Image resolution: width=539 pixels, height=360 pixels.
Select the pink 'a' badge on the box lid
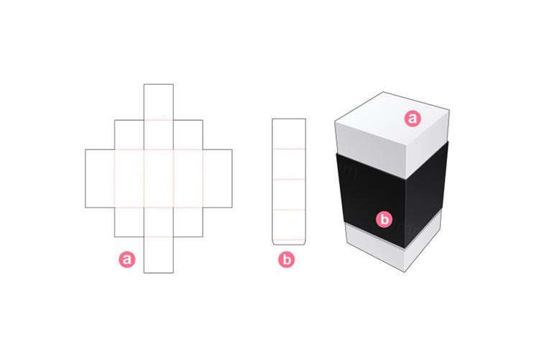pyautogui.click(x=412, y=119)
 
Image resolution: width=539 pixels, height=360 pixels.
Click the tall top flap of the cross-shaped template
pyautogui.click(x=158, y=101)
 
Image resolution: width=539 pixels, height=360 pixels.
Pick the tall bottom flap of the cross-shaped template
pyautogui.click(x=158, y=254)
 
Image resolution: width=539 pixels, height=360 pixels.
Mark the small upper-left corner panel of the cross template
pyautogui.click(x=129, y=134)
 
